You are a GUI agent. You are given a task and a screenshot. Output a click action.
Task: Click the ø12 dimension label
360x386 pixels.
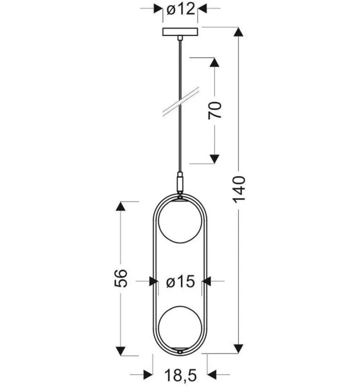click(x=180, y=10)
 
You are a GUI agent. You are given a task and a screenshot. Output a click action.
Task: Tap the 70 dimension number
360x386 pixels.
click(x=215, y=110)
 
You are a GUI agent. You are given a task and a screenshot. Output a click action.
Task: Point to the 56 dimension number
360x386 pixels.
click(x=121, y=278)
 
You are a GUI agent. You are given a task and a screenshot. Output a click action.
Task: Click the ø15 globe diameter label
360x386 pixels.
click(x=180, y=281)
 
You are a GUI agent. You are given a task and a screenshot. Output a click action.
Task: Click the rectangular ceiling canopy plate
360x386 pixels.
click(x=180, y=32)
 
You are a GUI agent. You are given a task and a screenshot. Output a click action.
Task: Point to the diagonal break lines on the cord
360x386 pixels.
click(x=180, y=102)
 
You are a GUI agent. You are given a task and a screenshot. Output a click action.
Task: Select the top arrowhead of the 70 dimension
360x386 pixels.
click(x=215, y=62)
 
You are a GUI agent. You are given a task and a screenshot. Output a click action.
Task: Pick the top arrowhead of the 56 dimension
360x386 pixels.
click(x=121, y=207)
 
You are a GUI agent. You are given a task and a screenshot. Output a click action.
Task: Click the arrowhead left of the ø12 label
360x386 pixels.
click(x=157, y=9)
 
